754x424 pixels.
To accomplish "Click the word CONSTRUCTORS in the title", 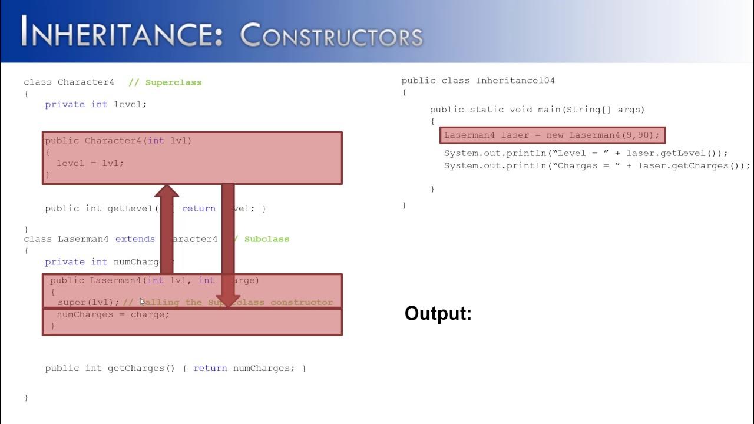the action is [332, 35].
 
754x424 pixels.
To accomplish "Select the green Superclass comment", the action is [173, 82].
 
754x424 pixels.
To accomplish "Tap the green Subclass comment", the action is [266, 239].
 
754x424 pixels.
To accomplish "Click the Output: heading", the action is [438, 313].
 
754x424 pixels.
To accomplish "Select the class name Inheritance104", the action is [515, 81].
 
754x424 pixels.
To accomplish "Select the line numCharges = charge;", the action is [113, 314].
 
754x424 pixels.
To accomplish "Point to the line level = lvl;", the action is [90, 163].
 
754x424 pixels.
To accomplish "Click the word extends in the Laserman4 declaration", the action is [135, 239].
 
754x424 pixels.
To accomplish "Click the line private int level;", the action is [95, 104].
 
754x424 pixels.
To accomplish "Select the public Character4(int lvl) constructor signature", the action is [118, 141].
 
